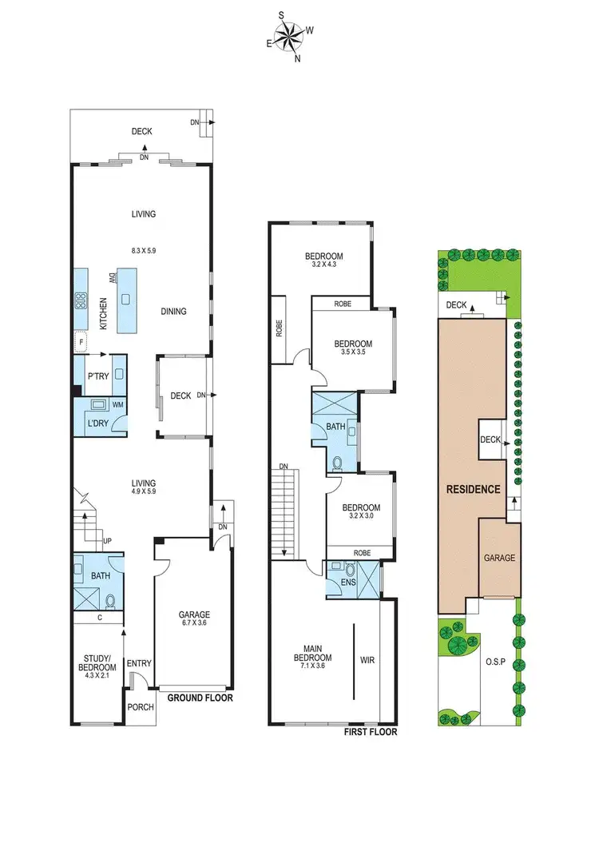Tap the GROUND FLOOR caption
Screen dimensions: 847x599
click(x=200, y=698)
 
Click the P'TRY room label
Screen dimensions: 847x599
click(x=97, y=376)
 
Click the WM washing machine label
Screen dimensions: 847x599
click(x=117, y=405)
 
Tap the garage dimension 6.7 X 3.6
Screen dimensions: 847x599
click(x=194, y=626)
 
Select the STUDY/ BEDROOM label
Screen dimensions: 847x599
click(x=96, y=665)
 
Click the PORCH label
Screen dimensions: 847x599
click(x=140, y=708)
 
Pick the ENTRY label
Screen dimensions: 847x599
click(x=139, y=662)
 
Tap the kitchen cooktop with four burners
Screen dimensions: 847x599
click(x=81, y=301)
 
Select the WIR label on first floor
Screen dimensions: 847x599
click(x=367, y=660)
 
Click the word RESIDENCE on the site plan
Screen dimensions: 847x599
click(x=473, y=489)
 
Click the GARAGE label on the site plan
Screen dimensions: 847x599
click(x=499, y=559)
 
